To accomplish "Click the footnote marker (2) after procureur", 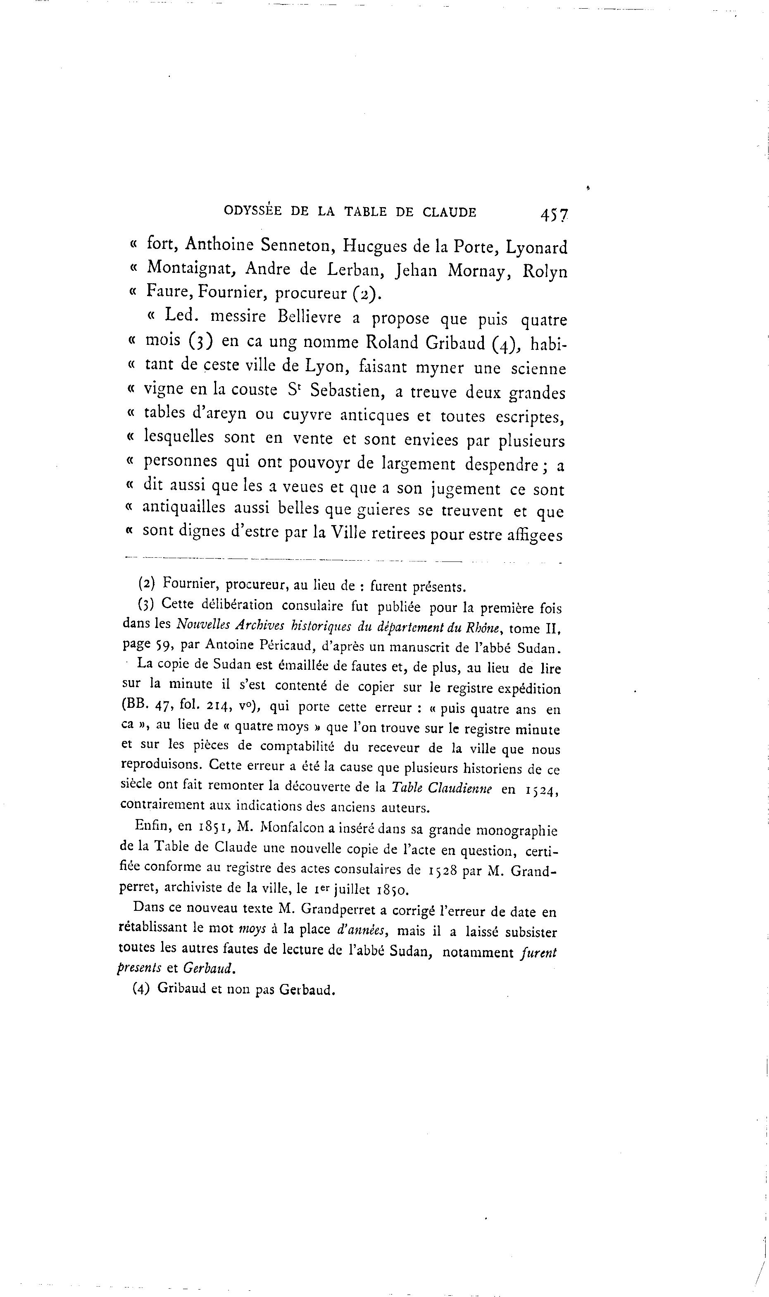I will coord(366,294).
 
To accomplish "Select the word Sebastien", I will coord(347,391).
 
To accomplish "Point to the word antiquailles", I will coord(184,507).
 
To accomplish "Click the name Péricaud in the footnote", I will coord(281,645).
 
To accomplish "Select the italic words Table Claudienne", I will coord(441,788).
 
